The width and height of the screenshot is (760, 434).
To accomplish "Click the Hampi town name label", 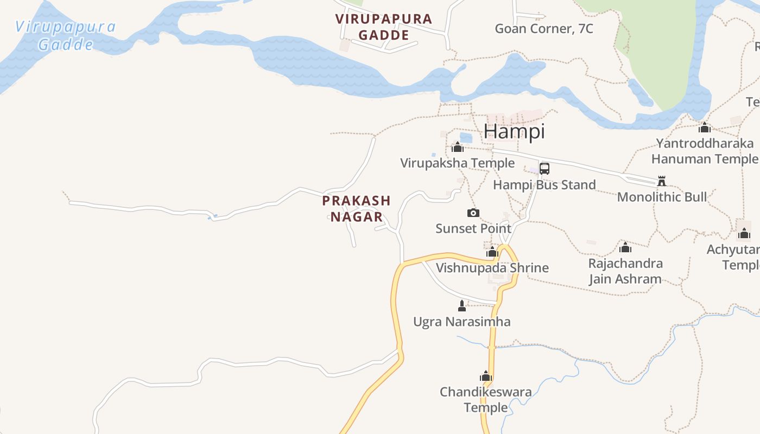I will pyautogui.click(x=514, y=131).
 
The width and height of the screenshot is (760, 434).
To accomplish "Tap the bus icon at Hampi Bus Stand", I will pyautogui.click(x=544, y=168).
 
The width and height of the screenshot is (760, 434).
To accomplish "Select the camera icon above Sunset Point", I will pyautogui.click(x=473, y=213).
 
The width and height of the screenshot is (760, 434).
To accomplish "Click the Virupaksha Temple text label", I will pyautogui.click(x=457, y=163).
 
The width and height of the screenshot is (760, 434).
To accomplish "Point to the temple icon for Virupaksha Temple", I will pyautogui.click(x=458, y=147).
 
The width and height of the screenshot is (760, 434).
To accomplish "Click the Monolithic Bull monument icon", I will pyautogui.click(x=661, y=181).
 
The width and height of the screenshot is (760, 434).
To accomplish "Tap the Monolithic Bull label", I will pyautogui.click(x=662, y=196).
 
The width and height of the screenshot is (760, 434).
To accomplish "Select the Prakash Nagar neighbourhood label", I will pyautogui.click(x=356, y=209).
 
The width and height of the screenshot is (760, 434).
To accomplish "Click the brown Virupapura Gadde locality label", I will pyautogui.click(x=383, y=27).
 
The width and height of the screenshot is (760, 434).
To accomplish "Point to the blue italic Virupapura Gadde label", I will pyautogui.click(x=65, y=35).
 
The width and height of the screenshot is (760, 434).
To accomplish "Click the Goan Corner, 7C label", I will pyautogui.click(x=544, y=29).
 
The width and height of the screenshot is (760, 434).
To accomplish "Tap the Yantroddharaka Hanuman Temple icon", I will pyautogui.click(x=705, y=128).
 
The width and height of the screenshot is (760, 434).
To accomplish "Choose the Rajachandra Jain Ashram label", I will pyautogui.click(x=625, y=271).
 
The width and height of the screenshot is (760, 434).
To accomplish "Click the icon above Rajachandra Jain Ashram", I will pyautogui.click(x=625, y=248).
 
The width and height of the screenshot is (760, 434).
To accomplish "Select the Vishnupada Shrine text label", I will pyautogui.click(x=492, y=267).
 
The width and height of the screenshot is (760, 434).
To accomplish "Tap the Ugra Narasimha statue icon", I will pyautogui.click(x=462, y=306).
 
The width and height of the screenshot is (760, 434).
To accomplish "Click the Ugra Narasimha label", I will pyautogui.click(x=461, y=322).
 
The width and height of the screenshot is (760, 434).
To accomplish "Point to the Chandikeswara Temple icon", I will pyautogui.click(x=486, y=376).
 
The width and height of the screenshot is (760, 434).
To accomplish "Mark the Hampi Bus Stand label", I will pyautogui.click(x=544, y=184).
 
